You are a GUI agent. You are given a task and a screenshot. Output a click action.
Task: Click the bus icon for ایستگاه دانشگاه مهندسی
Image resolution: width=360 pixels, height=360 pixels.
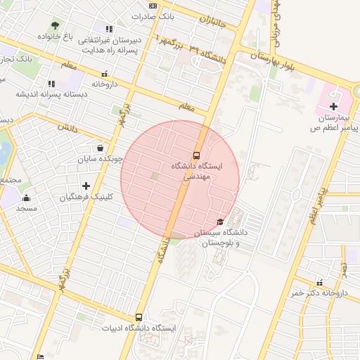pos(196,155)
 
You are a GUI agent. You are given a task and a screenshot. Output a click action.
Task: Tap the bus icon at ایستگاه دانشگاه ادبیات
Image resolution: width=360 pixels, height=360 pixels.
pos(139,318)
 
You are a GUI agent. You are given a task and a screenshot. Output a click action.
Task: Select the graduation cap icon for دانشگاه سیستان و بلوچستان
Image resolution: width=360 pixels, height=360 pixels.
pos(221,222)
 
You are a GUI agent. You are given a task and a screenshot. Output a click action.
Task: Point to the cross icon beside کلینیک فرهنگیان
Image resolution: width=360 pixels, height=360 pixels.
pos(86,186)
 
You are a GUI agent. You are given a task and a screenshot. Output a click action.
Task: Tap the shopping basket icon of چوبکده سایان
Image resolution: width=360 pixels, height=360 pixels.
pos(101,148)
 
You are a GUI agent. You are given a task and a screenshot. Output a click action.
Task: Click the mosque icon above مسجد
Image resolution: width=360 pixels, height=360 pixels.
pos(27,198)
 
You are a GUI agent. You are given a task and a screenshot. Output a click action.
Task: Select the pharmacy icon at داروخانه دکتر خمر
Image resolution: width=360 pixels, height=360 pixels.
pos(320,282)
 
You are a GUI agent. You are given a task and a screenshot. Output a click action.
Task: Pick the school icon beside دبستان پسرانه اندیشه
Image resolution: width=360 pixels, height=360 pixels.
pos(51,84)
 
